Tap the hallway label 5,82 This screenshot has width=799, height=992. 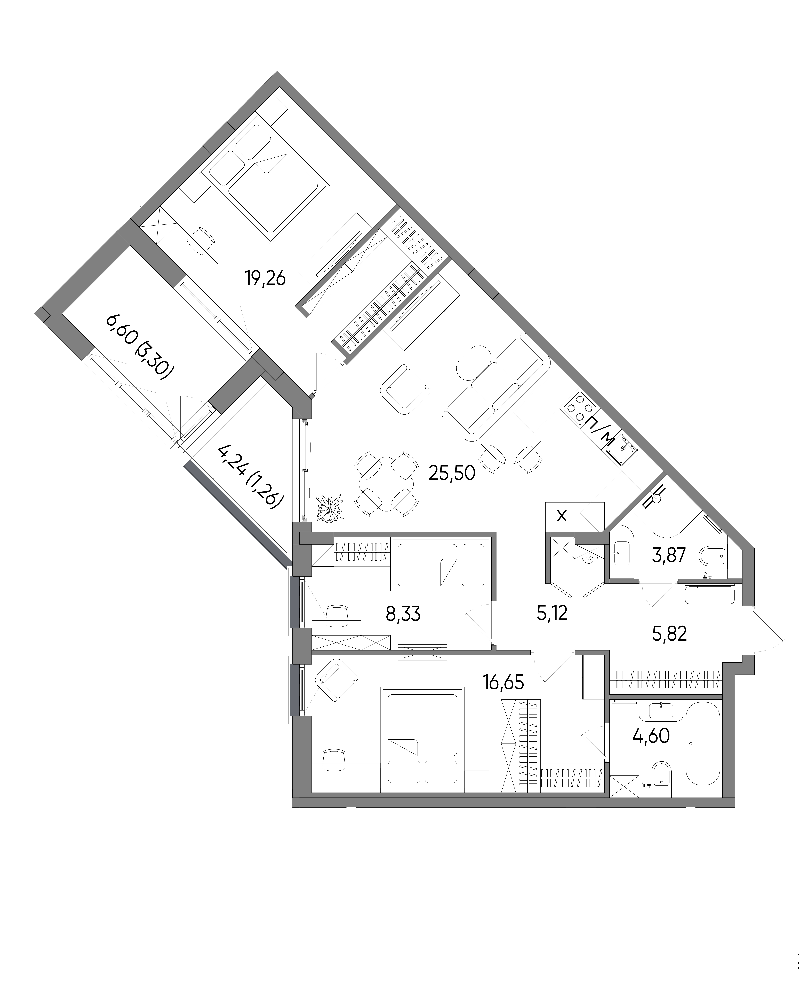click(670, 634)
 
